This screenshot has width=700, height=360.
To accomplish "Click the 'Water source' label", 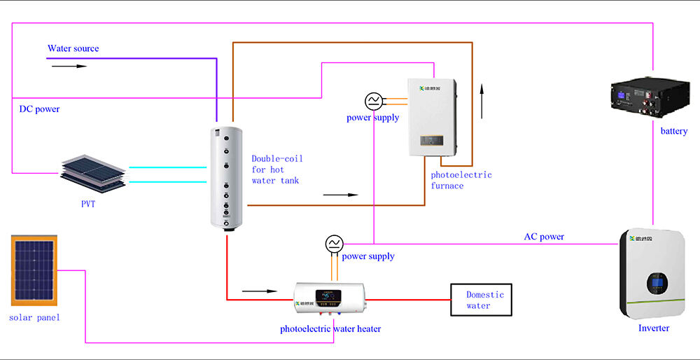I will pyautogui.click(x=73, y=48).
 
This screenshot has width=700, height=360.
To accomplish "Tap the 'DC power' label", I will pyautogui.click(x=39, y=109).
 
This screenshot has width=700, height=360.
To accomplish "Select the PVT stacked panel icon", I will pyautogui.click(x=92, y=169).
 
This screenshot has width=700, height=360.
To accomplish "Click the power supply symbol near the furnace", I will pyautogui.click(x=373, y=101).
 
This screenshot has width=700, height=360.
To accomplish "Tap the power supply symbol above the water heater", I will pyautogui.click(x=334, y=244).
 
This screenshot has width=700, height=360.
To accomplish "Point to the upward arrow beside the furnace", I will pyautogui.click(x=482, y=103).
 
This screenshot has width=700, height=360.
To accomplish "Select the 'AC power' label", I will pyautogui.click(x=544, y=237).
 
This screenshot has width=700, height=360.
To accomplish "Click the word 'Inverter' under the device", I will pyautogui.click(x=654, y=328).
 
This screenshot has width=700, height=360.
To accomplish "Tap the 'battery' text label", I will pyautogui.click(x=674, y=131).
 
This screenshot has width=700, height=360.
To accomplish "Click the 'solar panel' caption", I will pyautogui.click(x=34, y=317).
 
